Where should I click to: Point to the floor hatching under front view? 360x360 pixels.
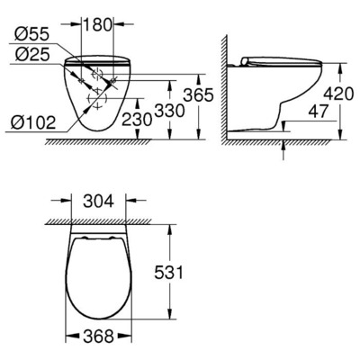(x=90, y=142)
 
